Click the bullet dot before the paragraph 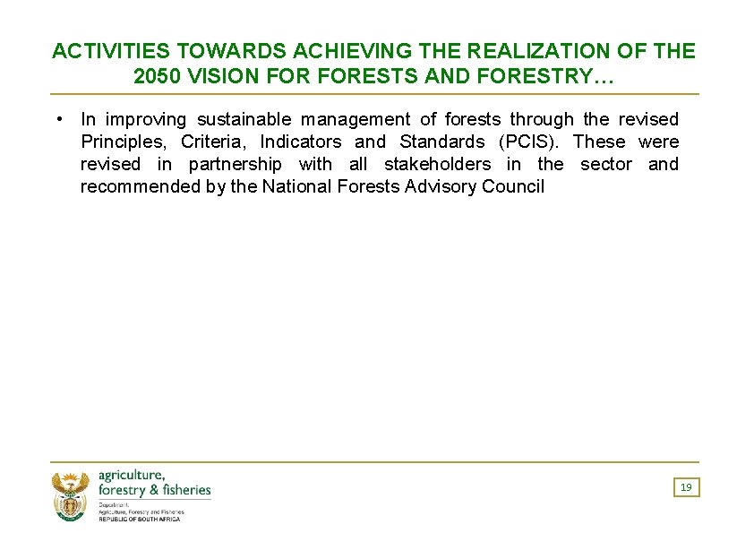click(57, 118)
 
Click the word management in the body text click(356, 119)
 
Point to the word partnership click(235, 164)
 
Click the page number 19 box click(686, 487)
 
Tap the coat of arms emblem click(71, 496)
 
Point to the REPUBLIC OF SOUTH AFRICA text click(139, 519)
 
